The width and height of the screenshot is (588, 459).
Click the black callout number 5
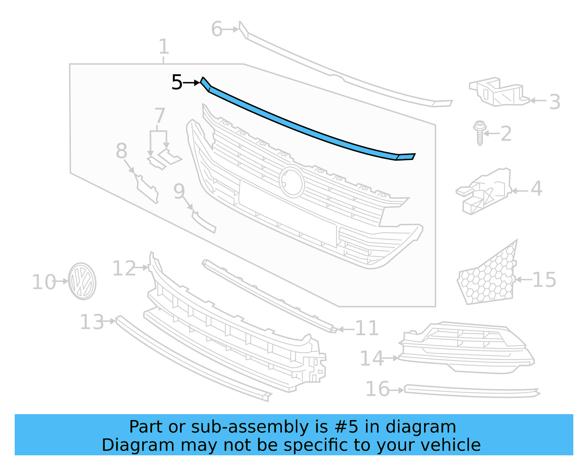pos(177,82)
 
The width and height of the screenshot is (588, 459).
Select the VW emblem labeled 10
pos(82,281)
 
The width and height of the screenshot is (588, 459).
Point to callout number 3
pos(555,102)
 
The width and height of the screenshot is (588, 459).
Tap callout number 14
pos(371,358)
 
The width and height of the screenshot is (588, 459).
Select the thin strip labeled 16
pos(470,392)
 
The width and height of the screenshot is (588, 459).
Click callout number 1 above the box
pos(164,47)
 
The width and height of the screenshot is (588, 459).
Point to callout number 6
pos(217,29)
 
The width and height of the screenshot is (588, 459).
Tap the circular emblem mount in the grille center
pos(292,182)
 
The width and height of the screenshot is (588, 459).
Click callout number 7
pos(159,115)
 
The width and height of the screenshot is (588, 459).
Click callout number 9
pos(179,191)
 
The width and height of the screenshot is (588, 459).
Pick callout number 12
pos(124,268)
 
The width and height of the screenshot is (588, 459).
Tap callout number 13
pos(92,322)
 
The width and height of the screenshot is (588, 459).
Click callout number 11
pos(367,328)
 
